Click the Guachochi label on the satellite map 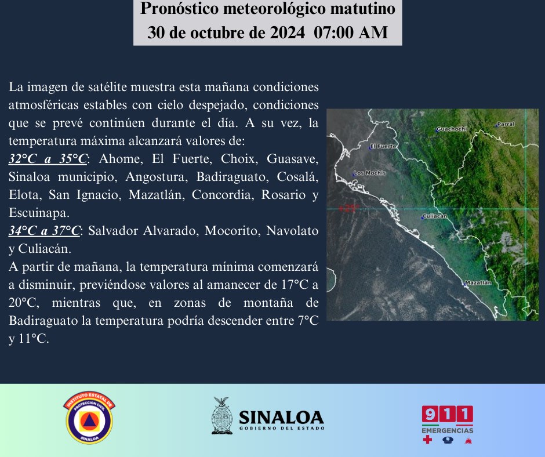tap(452, 129)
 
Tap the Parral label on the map tap(506, 124)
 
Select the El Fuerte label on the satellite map tap(383, 146)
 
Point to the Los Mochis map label tap(370, 173)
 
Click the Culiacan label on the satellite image tap(434, 216)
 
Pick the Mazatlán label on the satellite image tap(478, 283)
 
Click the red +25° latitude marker tap(349, 208)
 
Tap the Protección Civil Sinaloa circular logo tap(89, 418)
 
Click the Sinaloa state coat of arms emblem tap(221, 416)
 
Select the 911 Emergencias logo tap(448, 425)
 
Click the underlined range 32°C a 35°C tap(48, 158)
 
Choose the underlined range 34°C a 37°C tap(45, 231)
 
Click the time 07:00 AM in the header tap(351, 32)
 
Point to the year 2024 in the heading tap(288, 32)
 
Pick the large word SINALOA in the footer tap(282, 418)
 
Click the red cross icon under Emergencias tap(427, 440)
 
